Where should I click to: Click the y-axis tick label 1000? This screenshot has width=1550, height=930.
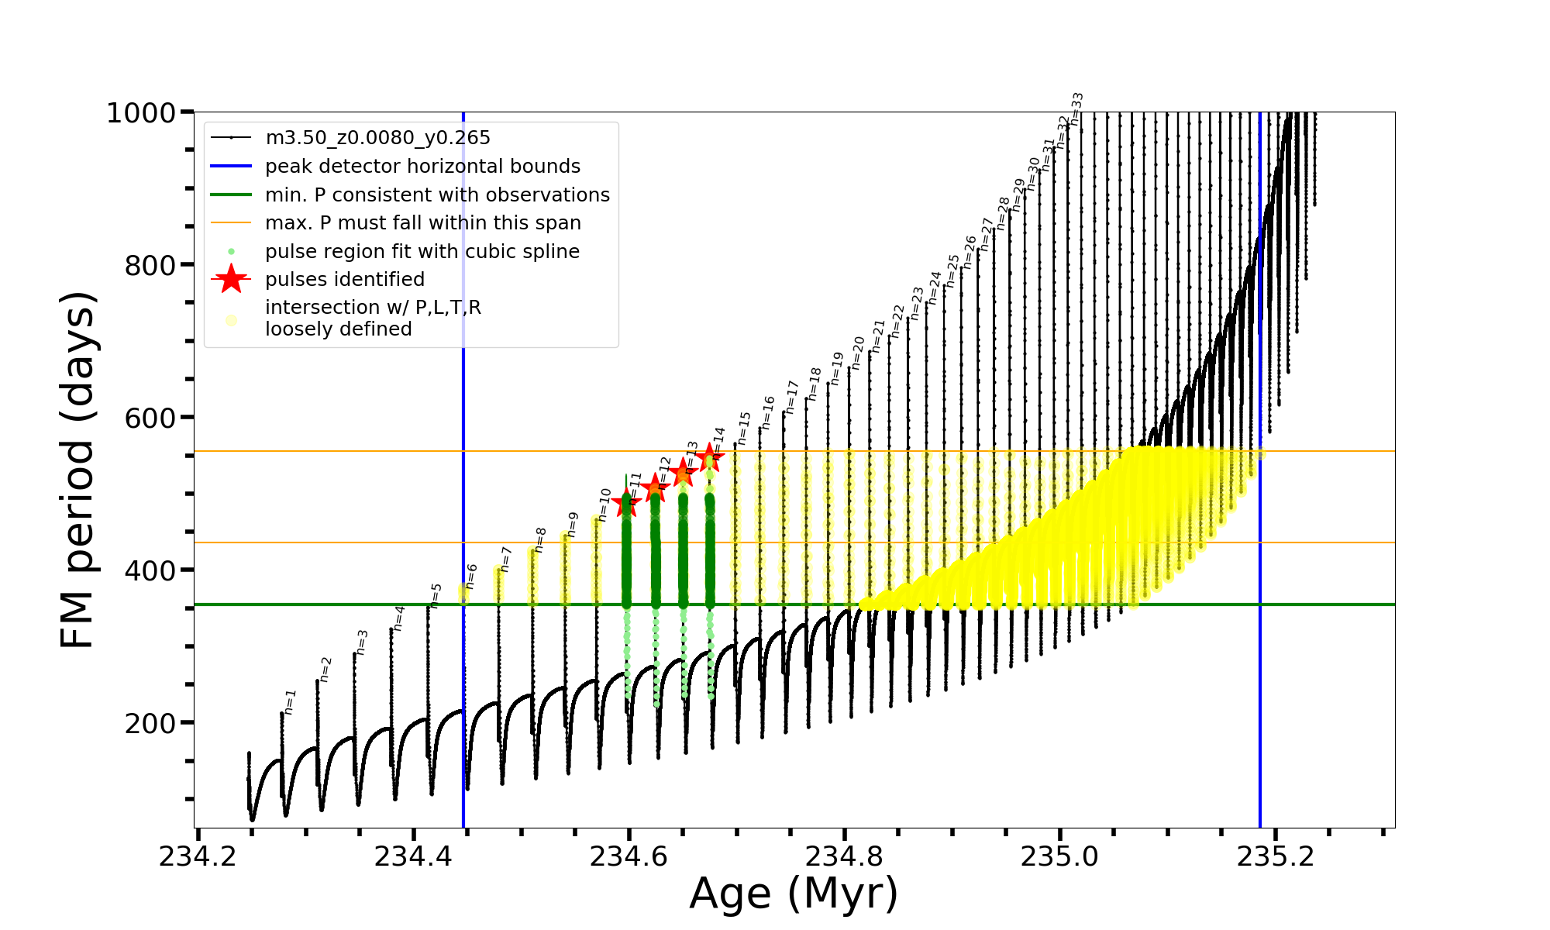point(141,113)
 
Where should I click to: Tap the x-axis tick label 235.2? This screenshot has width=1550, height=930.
point(1276,856)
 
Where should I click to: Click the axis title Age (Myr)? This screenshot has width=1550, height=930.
point(794,894)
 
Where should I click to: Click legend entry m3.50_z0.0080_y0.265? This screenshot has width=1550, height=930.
point(377,138)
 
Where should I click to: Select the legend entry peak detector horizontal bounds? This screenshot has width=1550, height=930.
point(422,167)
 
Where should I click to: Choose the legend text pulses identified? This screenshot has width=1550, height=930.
point(345,280)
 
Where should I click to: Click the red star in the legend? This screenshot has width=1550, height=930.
point(231,279)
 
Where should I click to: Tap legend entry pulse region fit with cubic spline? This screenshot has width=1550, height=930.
point(422,252)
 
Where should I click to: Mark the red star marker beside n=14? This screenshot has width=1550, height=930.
point(708,458)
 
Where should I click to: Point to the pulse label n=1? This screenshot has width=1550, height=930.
point(290,701)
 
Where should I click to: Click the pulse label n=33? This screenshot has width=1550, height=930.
point(1076,108)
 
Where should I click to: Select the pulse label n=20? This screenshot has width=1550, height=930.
point(858,353)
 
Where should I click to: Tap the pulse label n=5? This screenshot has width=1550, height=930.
point(436,595)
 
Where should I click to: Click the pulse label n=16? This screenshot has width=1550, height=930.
point(768,413)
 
